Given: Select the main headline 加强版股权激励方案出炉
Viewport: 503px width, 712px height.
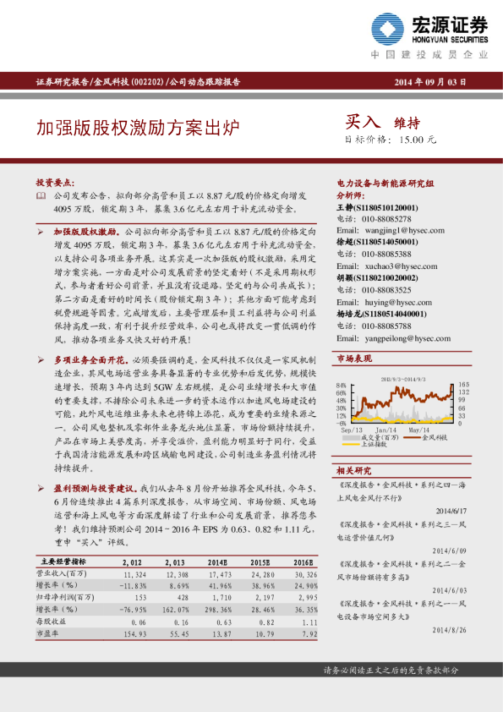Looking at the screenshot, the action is click(x=138, y=128).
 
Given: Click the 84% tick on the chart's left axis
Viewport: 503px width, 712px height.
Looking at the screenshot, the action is click(x=341, y=392).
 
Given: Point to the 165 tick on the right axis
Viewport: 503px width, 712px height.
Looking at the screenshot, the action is click(x=463, y=392).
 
